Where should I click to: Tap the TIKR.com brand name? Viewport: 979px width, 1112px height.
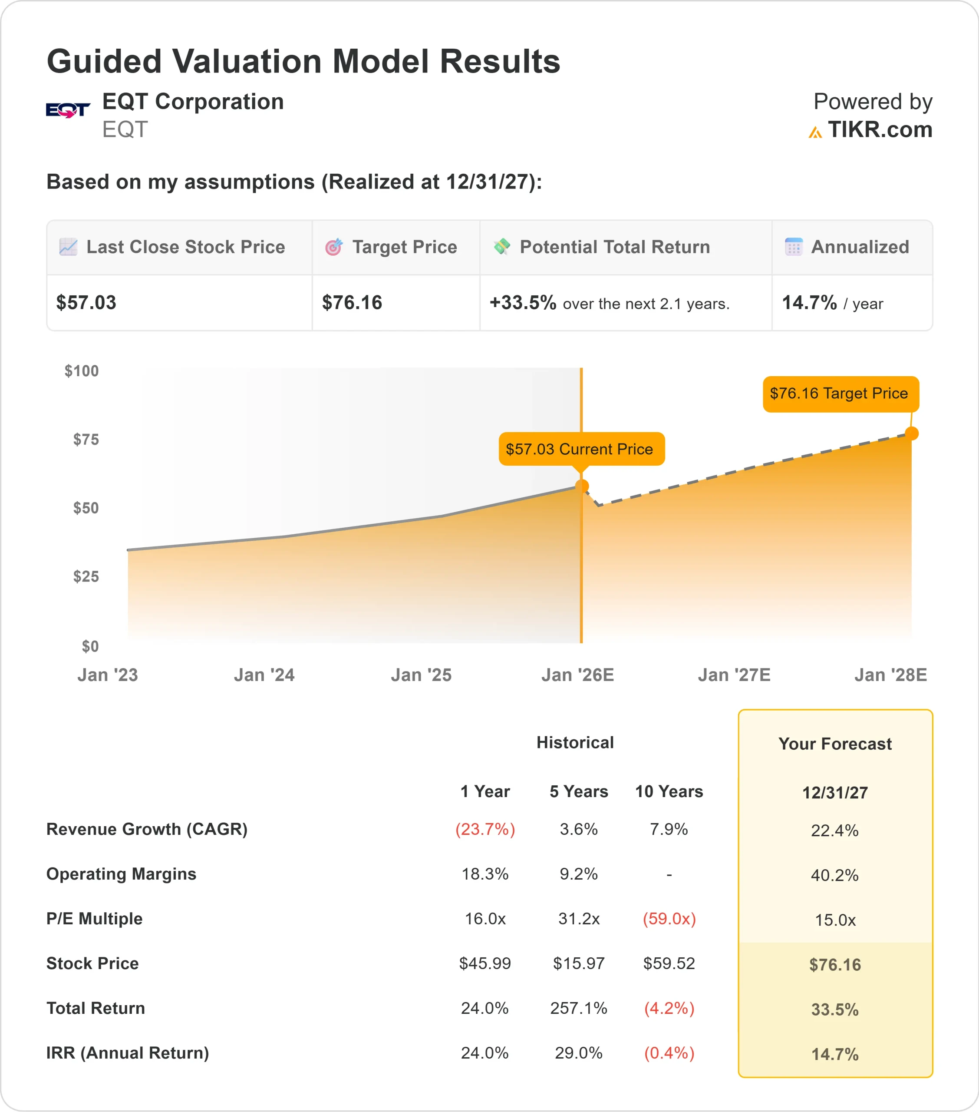880,130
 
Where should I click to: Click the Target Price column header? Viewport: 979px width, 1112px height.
404,247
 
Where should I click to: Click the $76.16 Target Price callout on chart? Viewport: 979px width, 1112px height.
841,394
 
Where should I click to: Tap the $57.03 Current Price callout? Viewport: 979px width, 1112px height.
581,449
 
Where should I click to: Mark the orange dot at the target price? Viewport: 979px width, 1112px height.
912,433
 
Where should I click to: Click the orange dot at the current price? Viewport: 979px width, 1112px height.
581,486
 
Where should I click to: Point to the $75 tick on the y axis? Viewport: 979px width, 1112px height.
86,440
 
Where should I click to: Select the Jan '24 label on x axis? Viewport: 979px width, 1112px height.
264,675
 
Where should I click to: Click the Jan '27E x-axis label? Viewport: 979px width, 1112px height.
734,675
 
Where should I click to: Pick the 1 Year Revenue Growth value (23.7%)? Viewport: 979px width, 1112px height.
485,829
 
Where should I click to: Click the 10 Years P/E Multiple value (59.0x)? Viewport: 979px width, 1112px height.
669,919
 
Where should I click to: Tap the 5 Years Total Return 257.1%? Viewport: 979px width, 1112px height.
578,1008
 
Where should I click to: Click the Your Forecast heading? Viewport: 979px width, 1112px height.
835,744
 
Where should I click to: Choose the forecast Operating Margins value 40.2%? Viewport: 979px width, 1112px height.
834,875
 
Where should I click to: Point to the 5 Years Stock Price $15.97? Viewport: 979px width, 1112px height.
578,963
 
